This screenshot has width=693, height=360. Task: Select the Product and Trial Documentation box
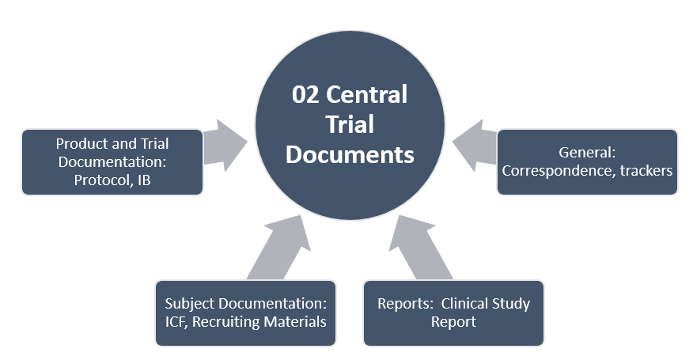click(x=112, y=162)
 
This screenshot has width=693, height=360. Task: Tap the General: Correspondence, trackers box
click(x=587, y=161)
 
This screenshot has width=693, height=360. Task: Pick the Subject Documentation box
click(x=245, y=313)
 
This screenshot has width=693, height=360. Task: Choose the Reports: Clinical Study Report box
click(x=453, y=313)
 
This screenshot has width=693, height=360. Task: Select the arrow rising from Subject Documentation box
click(x=277, y=245)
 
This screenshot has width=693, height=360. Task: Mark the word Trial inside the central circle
click(x=350, y=124)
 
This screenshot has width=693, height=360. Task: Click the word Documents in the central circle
click(x=350, y=154)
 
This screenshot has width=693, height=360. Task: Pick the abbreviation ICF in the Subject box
click(x=178, y=322)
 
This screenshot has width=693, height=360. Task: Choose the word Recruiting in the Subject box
click(x=229, y=322)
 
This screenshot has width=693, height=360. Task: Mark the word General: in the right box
click(x=587, y=153)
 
